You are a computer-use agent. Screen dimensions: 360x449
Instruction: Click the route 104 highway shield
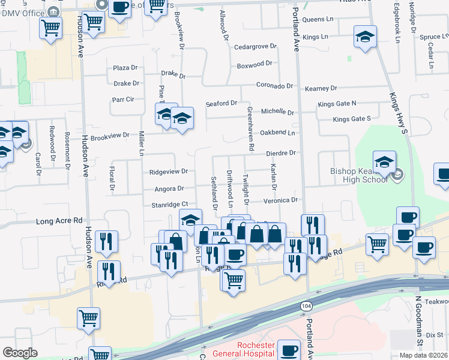(305, 306)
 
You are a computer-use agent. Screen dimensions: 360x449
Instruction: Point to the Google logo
(20, 353)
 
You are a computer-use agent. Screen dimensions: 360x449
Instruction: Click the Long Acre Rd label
(59, 221)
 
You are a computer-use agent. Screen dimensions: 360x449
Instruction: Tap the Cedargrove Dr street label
(255, 46)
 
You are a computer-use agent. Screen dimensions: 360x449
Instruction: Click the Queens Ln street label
(318, 20)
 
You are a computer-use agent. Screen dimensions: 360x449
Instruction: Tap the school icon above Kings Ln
(365, 37)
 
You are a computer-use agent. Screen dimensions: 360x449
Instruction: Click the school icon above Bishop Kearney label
(384, 161)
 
